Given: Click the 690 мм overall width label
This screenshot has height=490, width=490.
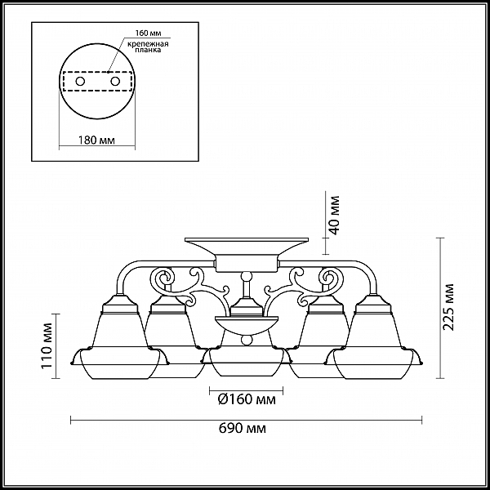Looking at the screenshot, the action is point(243,428).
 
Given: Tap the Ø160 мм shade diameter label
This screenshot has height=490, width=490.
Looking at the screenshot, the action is point(247,399).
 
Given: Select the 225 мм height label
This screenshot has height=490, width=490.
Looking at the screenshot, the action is point(448,307).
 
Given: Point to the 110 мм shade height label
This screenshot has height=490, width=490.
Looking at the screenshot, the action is point(47,345).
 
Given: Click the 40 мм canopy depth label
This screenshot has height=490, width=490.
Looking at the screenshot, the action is point(334,215).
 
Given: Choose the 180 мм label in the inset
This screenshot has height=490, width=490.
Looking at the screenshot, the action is point(96,140).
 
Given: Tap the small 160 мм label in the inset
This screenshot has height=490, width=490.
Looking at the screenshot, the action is point(148,33).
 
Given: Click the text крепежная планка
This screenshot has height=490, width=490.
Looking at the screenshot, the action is point(148,47).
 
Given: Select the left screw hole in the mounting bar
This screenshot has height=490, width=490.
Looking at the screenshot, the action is point(80,82).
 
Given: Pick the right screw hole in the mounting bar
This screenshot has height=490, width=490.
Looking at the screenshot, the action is point(115,82).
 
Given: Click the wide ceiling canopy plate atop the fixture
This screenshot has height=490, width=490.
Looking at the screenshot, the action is point(247,247).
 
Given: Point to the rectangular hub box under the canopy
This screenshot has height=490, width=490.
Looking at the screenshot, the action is point(247,263).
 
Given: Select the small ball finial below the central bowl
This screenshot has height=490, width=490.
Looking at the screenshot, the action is point(247,340).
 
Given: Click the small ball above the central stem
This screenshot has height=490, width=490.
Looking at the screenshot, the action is point(247,276).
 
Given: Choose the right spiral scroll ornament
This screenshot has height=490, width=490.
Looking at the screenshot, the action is point(331,277).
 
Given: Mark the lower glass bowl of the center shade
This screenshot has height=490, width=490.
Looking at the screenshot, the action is point(247,363).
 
